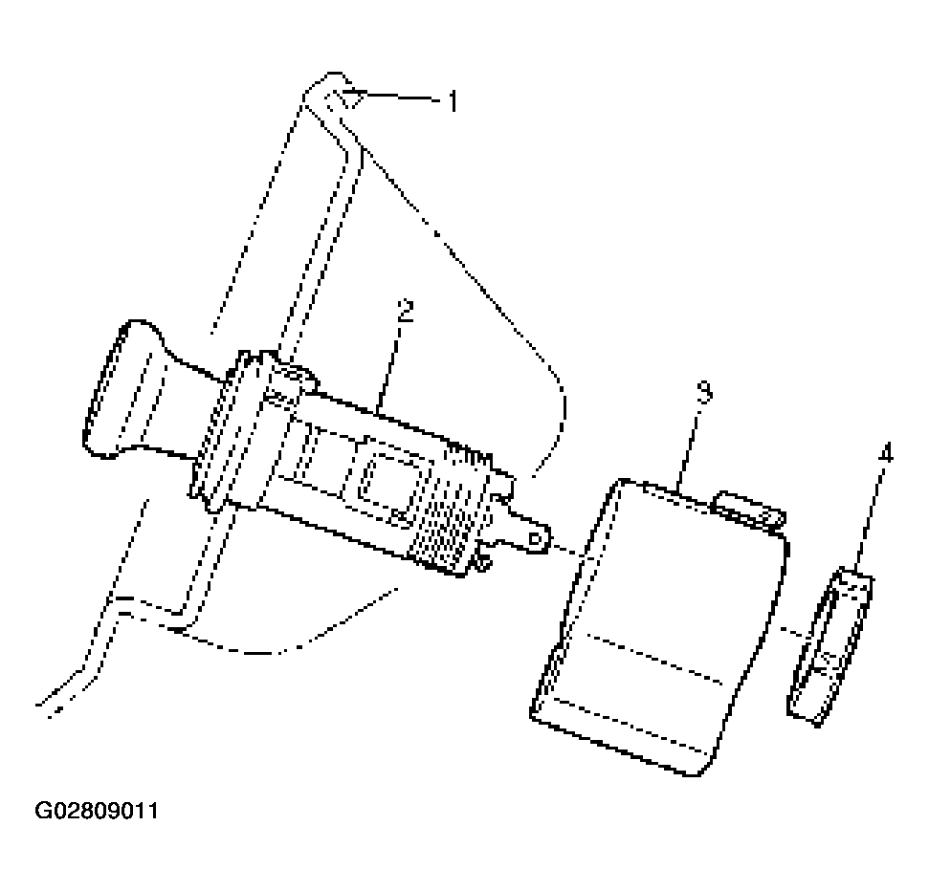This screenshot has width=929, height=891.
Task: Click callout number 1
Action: click(453, 101)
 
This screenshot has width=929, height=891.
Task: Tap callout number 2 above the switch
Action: click(406, 311)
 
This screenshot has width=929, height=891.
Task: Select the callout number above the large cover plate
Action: click(704, 393)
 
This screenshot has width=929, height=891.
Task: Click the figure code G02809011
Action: click(97, 811)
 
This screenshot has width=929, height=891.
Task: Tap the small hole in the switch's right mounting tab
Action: click(534, 538)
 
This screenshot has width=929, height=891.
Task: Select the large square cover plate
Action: click(659, 626)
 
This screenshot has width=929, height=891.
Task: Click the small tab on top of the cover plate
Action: click(749, 509)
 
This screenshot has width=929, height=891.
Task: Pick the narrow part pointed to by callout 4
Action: click(830, 646)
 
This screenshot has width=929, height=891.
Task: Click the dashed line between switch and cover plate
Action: click(565, 551)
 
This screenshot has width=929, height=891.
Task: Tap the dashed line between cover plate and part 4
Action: click(795, 631)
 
